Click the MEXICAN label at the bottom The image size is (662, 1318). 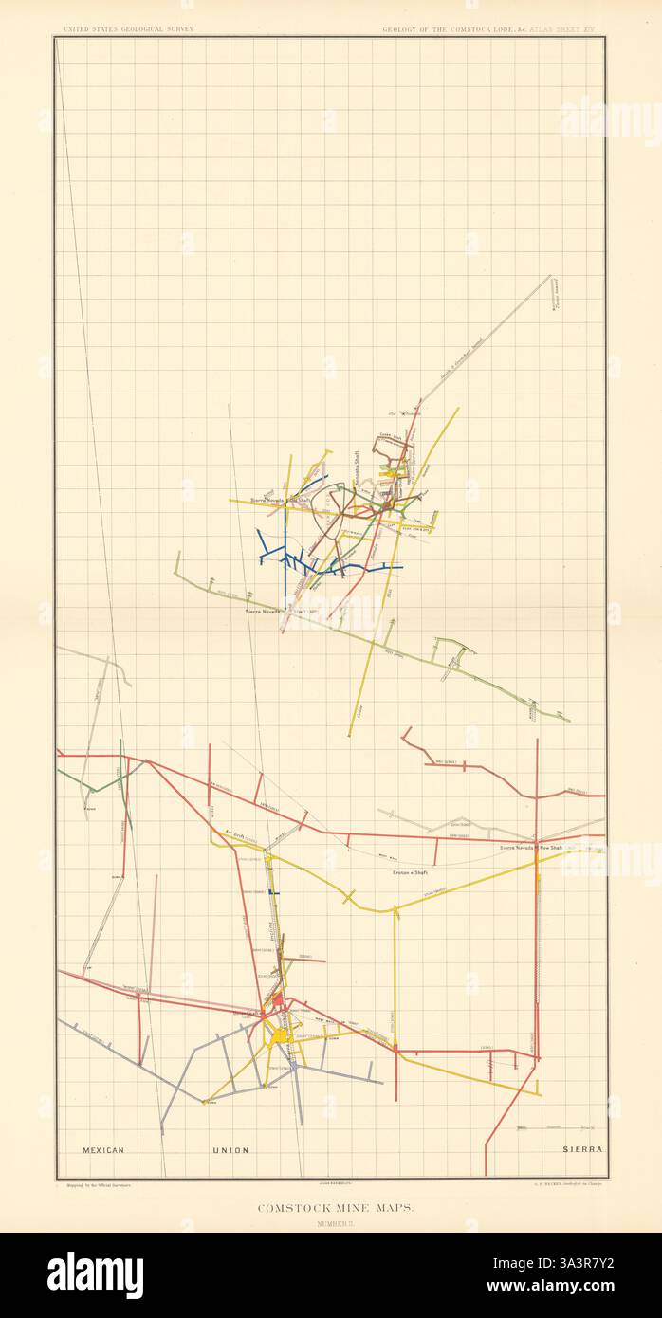click(x=103, y=1150)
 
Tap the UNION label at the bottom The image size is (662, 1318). click(x=230, y=1150)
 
